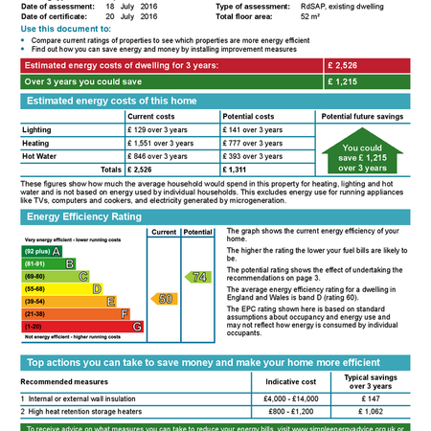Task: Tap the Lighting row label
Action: point(37,129)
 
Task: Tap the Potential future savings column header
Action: point(362,116)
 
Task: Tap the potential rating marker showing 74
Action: point(198,277)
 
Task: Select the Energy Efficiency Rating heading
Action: point(85,217)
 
